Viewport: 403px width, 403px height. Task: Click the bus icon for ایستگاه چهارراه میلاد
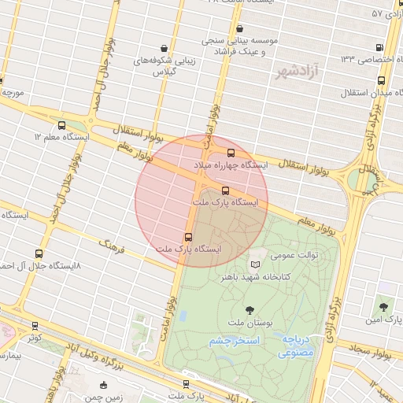231,153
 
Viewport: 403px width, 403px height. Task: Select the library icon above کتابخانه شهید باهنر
253,265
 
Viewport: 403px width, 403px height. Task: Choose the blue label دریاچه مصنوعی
296,347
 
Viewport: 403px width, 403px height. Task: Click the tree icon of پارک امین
384,306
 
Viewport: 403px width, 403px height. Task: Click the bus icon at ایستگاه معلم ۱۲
62,125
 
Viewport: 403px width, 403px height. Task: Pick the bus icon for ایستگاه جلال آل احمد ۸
39,253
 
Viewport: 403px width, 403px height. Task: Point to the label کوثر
33,338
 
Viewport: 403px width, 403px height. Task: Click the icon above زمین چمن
104,385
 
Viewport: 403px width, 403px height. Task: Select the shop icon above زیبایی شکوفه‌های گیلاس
163,48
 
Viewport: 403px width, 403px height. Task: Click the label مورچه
15,93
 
